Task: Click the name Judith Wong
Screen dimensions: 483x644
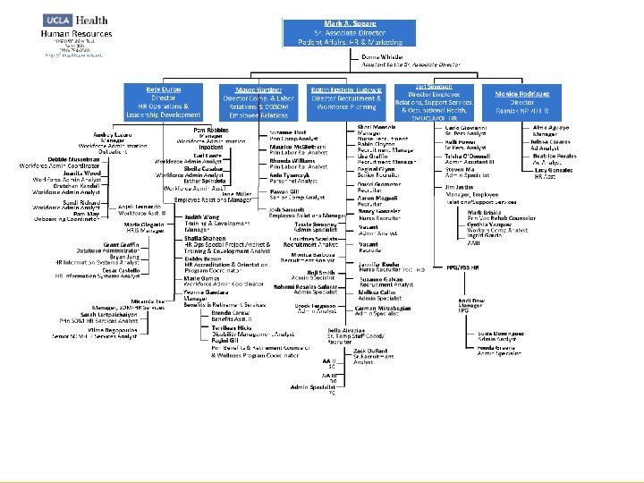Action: click(x=203, y=216)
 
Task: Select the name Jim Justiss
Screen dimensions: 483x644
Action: click(x=460, y=187)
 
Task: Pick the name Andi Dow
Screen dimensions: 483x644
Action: click(x=470, y=301)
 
